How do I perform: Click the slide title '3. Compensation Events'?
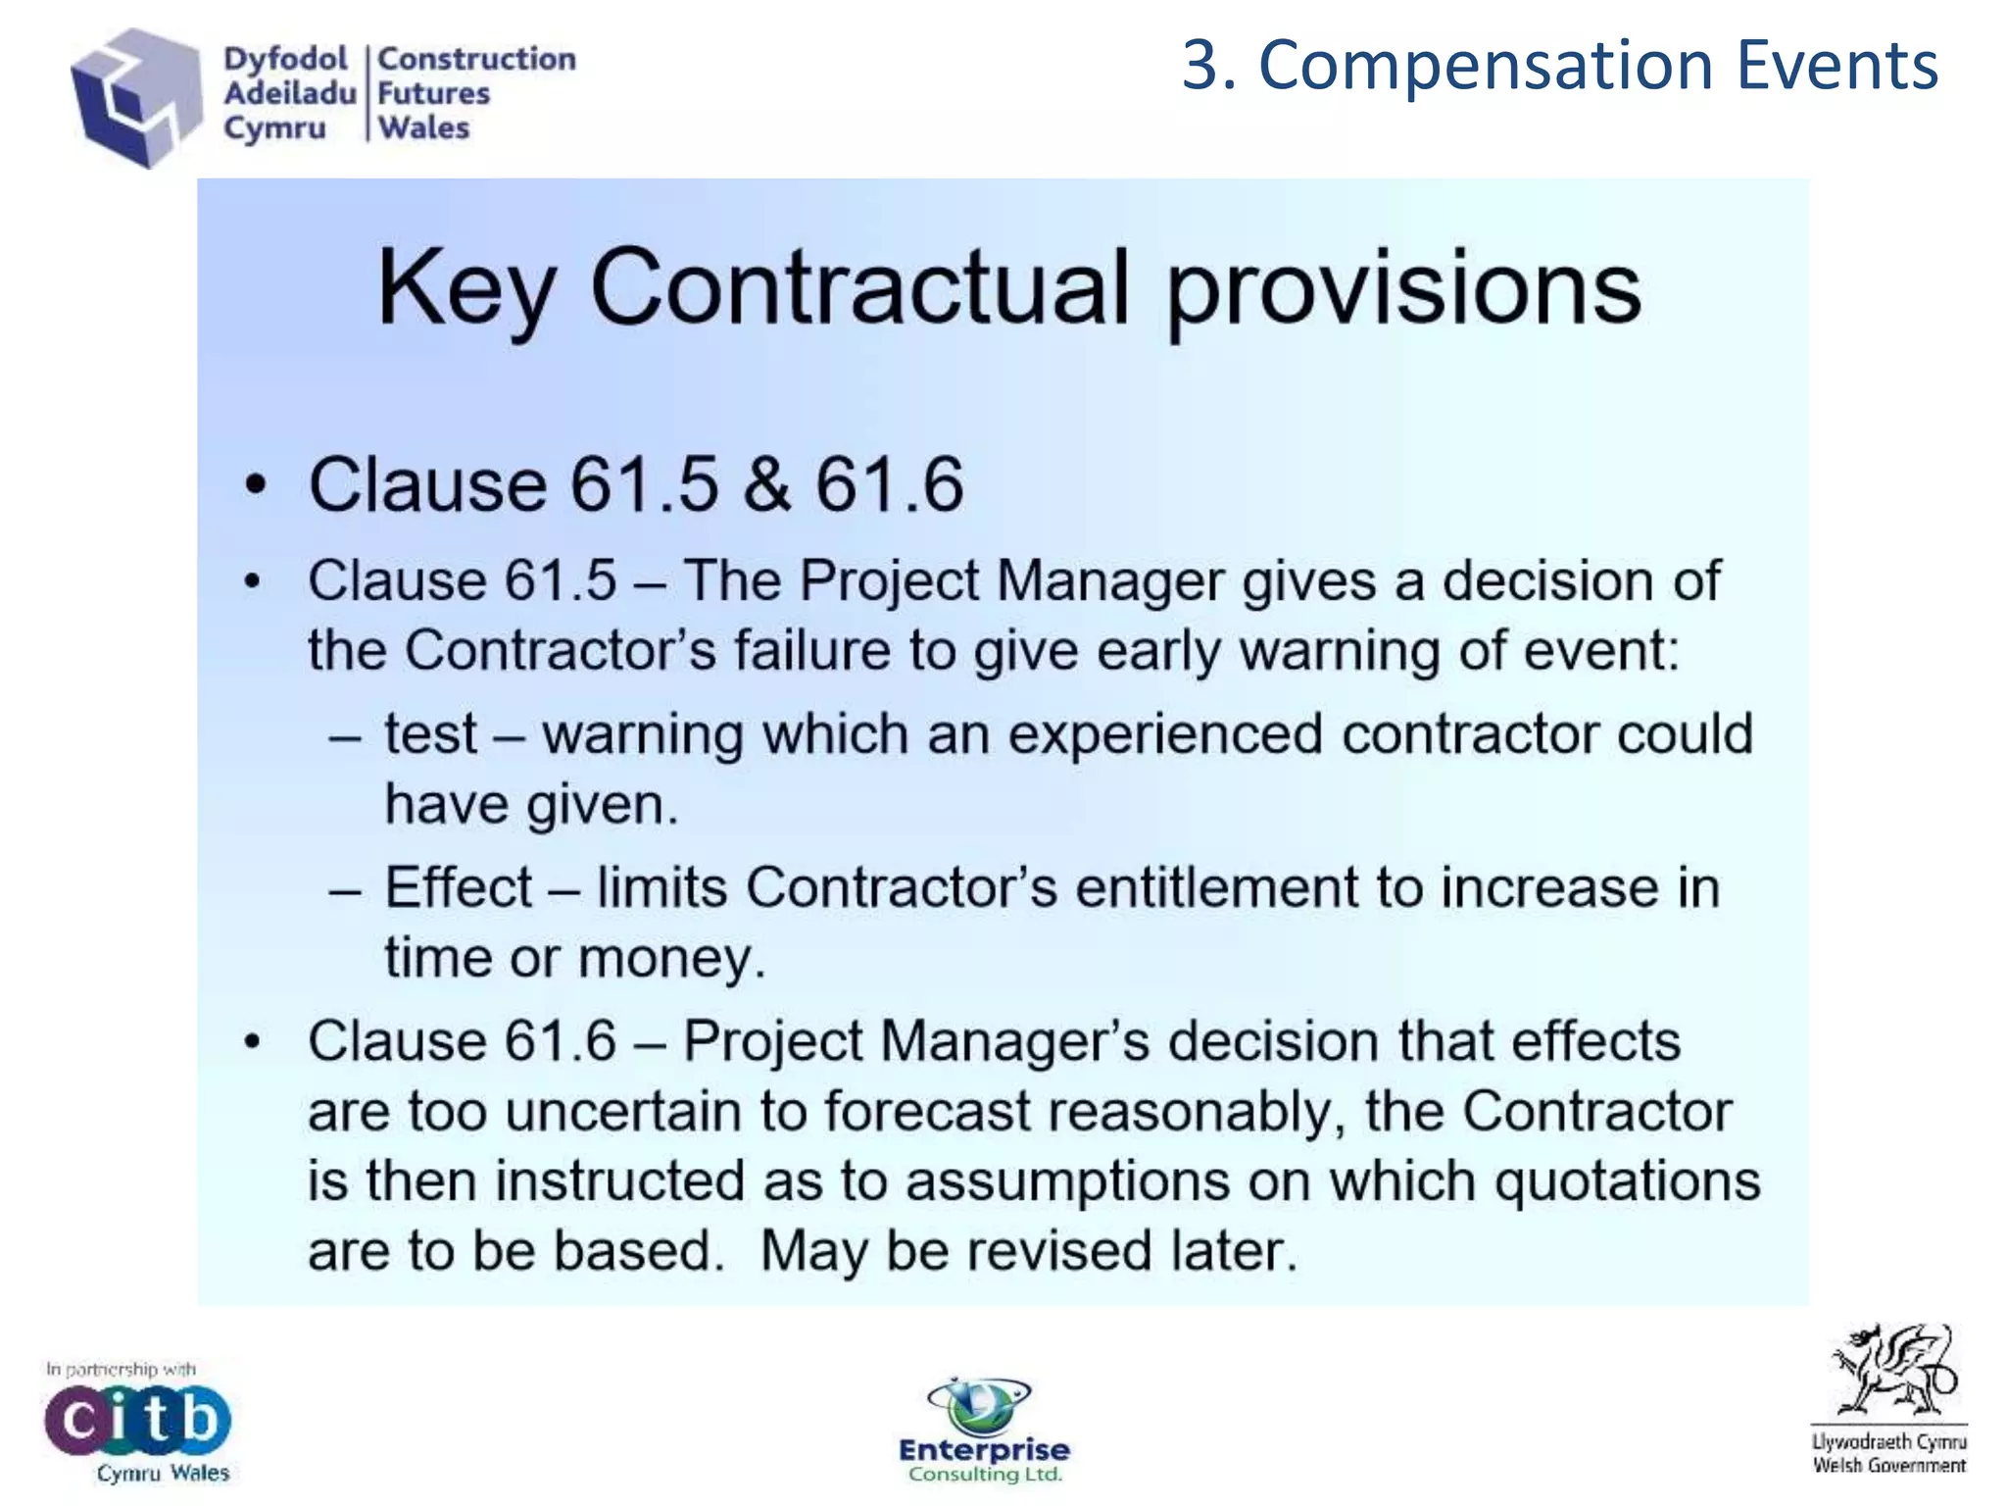pos(1559,67)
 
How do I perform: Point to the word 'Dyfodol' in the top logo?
pos(285,59)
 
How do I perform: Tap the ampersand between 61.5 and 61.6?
pos(766,484)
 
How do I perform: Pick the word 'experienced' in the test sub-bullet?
pos(1165,734)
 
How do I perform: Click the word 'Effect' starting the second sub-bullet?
pos(458,887)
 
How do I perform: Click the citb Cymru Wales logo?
pos(137,1422)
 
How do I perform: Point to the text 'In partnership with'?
pos(121,1369)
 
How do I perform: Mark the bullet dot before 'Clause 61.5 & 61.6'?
pos(255,485)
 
